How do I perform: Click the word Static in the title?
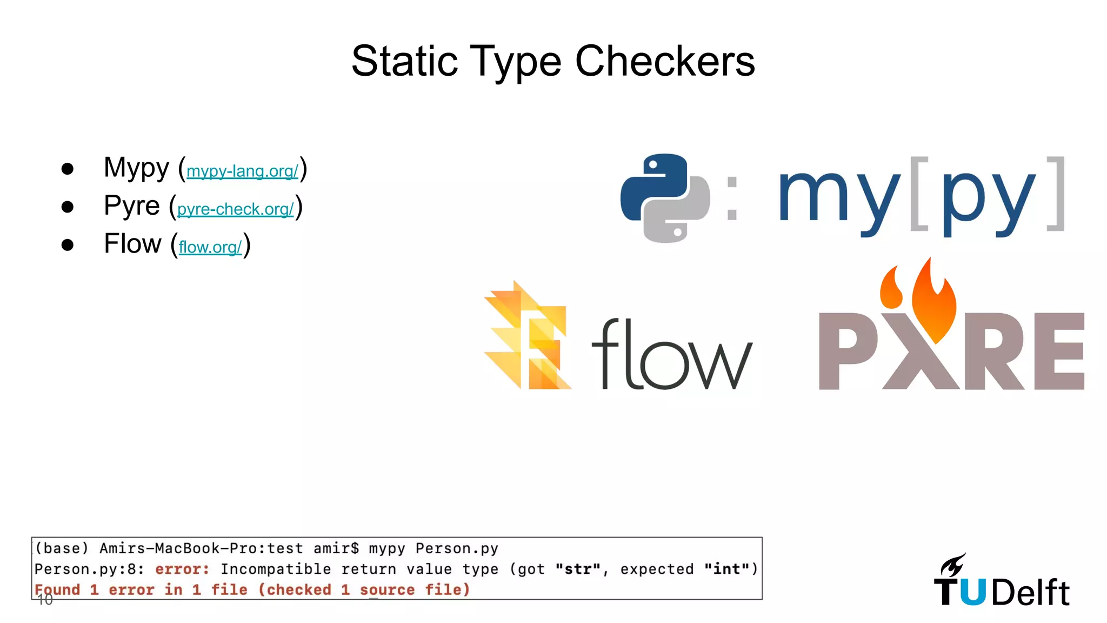pos(404,61)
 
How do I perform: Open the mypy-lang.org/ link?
pos(242,171)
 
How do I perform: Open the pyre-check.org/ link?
pos(235,209)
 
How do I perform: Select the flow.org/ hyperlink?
pos(210,247)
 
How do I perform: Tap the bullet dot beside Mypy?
pos(68,169)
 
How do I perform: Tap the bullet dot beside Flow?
pos(68,245)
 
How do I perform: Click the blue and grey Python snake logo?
pos(665,198)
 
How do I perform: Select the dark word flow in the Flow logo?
pos(671,355)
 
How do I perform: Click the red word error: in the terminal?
pos(182,569)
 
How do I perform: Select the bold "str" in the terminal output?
pos(578,569)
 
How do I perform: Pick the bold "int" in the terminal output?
pos(726,569)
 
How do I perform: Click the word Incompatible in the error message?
pos(276,569)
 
